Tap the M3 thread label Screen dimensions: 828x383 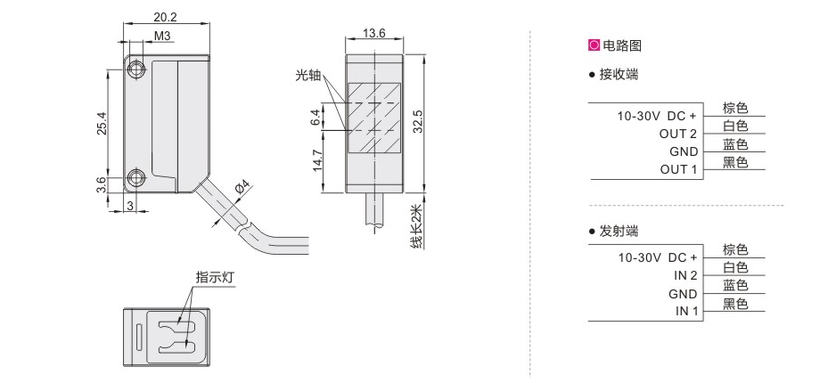click(x=161, y=36)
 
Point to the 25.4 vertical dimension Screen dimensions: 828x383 click(x=102, y=124)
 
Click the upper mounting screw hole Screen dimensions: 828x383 click(x=136, y=69)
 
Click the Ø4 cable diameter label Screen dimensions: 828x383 click(x=242, y=188)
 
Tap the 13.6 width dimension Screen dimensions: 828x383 click(x=373, y=33)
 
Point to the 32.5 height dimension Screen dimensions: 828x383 click(x=417, y=122)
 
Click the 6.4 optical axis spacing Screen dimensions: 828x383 click(x=316, y=117)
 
